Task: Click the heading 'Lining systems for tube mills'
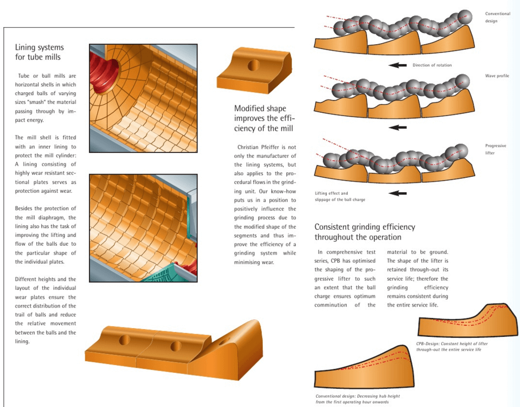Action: click(39, 52)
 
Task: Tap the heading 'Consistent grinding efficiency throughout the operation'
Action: click(364, 231)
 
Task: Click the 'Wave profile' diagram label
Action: click(497, 76)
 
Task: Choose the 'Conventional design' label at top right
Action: click(497, 17)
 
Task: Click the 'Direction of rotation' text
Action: click(432, 65)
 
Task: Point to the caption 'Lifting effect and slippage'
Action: click(339, 196)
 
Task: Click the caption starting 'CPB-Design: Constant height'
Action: click(452, 346)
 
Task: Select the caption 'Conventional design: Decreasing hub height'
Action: click(358, 399)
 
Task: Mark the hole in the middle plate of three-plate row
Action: click(176, 346)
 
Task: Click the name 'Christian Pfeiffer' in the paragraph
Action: click(257, 147)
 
